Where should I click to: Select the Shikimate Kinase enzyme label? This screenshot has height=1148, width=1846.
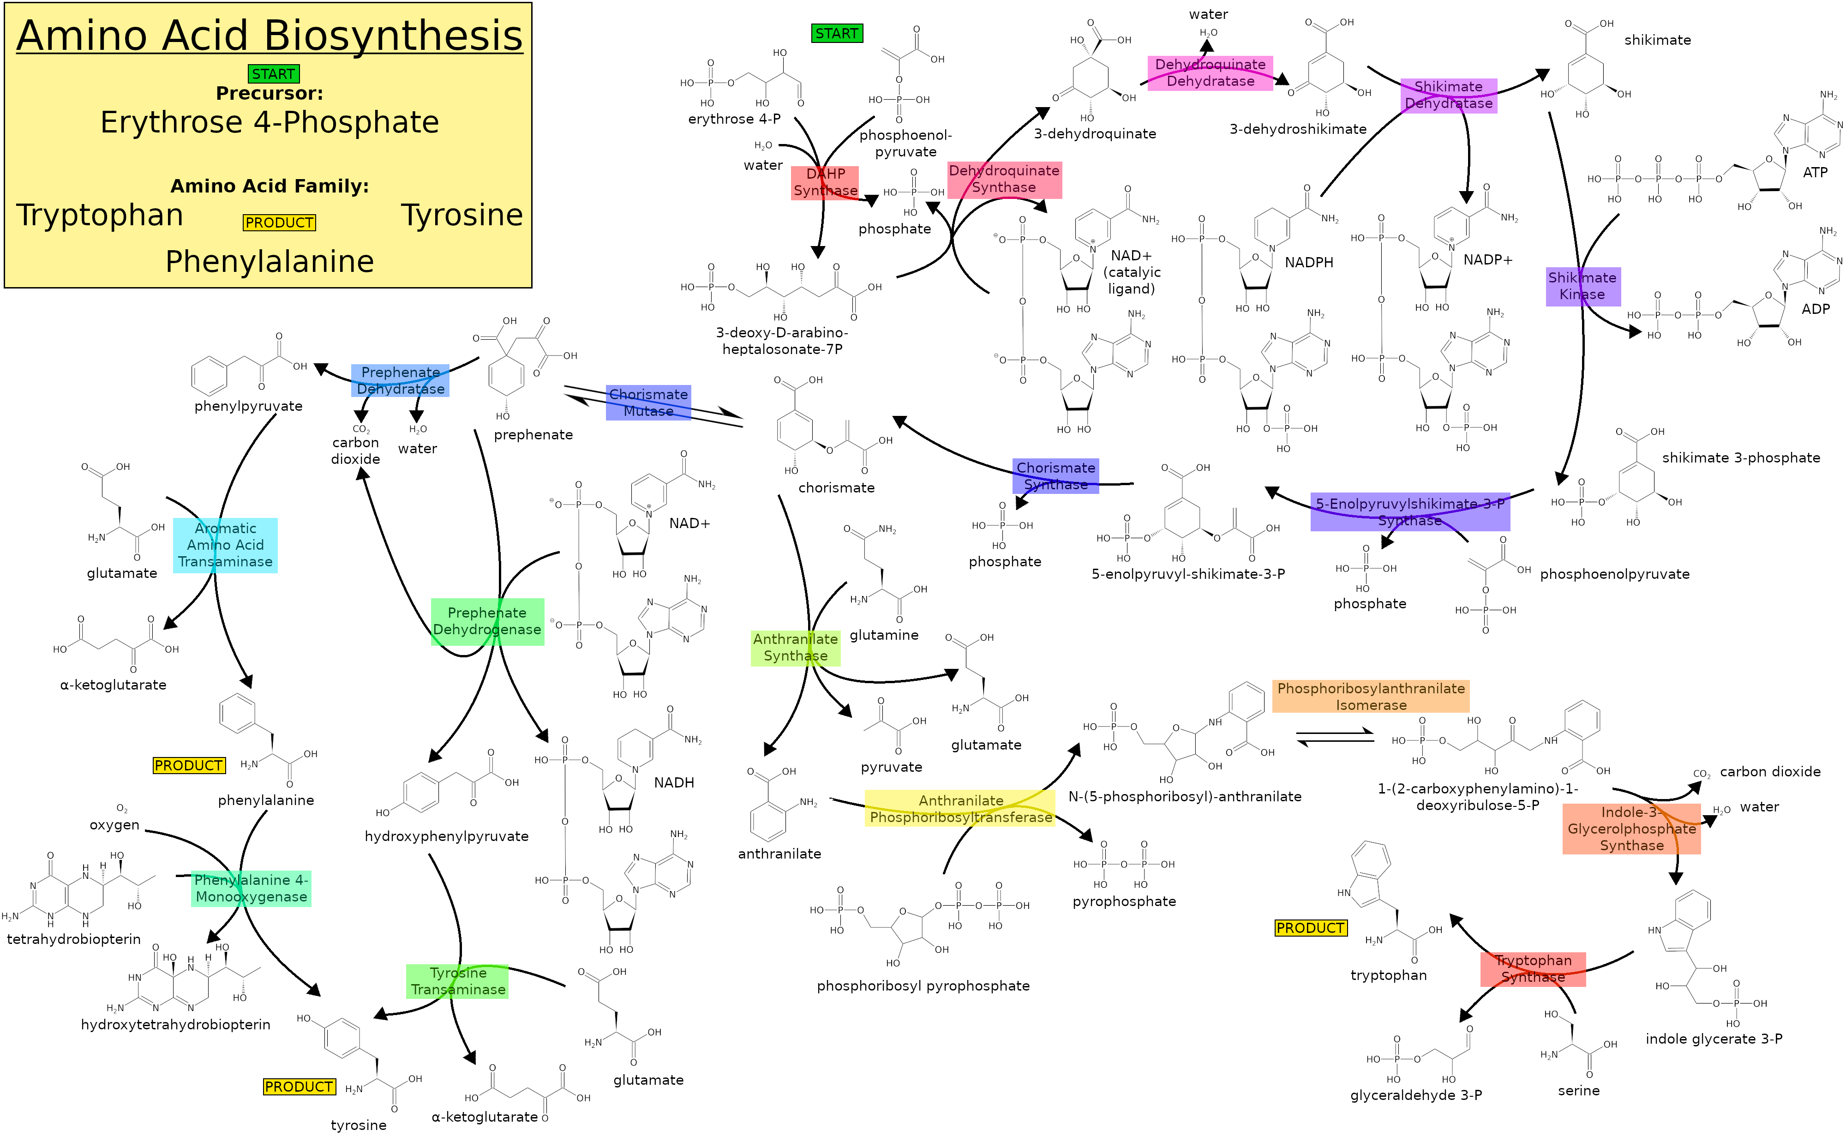tap(1582, 286)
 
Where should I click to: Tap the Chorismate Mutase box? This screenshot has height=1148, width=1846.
tap(648, 403)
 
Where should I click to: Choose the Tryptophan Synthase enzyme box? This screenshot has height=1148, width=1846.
tap(1533, 969)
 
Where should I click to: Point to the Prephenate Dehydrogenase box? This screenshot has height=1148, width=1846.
tap(487, 621)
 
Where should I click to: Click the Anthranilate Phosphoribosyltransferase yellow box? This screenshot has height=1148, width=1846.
tap(960, 809)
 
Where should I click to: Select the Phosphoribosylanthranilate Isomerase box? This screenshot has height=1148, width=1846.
tap(1370, 696)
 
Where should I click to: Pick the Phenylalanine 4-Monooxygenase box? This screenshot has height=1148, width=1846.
tap(251, 888)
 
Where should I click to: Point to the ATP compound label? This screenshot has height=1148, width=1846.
tap(1815, 172)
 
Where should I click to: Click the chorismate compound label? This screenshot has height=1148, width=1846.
tap(836, 487)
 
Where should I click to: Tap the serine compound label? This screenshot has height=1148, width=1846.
tap(1579, 1090)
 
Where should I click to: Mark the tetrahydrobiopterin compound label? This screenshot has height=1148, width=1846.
tap(74, 939)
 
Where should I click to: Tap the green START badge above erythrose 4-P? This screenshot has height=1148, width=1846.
tap(836, 33)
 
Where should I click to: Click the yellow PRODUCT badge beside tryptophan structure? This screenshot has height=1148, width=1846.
tap(1311, 928)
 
